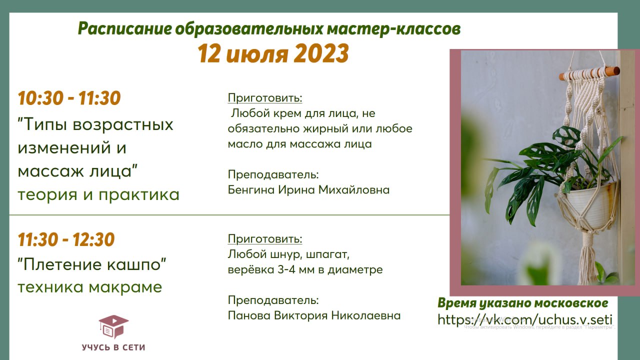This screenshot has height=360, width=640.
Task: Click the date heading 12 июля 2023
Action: [x=273, y=53]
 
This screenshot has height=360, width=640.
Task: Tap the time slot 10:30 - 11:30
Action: [x=69, y=98]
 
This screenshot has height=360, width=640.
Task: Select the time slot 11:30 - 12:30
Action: [x=66, y=239]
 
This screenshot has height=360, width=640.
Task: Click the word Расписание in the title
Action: [x=125, y=29]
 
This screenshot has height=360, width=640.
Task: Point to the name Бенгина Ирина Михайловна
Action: [x=308, y=189]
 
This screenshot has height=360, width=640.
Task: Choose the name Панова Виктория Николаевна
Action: [x=314, y=315]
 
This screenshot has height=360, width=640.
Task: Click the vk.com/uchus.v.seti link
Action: [x=525, y=319]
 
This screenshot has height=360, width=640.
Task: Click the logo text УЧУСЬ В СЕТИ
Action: [x=113, y=347]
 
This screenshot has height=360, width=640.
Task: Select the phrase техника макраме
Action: [x=89, y=287]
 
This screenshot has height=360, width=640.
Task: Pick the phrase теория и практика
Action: [x=98, y=195]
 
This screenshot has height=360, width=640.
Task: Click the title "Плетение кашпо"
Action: [x=91, y=264]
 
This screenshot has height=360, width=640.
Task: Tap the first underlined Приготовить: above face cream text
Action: [x=265, y=98]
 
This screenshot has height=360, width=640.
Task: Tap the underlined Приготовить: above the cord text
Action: [x=265, y=239]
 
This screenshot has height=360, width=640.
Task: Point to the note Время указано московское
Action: [x=523, y=303]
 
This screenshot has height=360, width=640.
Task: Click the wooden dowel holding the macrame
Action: [x=589, y=73]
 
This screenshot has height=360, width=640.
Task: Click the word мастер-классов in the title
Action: [x=393, y=29]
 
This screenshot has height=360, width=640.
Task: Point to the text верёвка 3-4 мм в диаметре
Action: [x=305, y=269]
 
